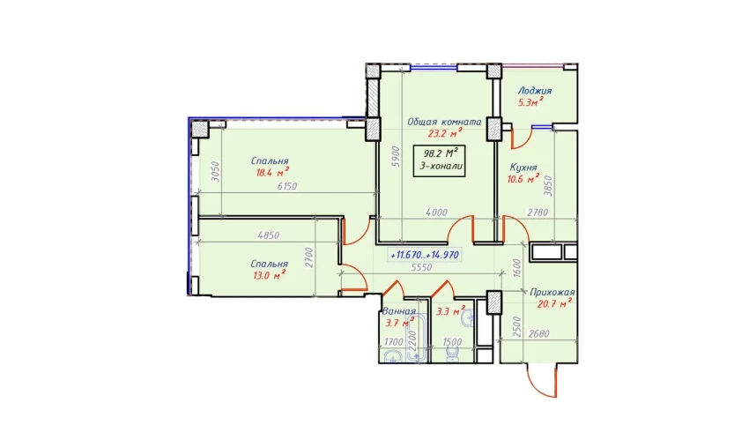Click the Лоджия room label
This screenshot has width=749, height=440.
(535, 91)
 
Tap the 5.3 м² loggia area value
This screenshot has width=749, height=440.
(530, 101)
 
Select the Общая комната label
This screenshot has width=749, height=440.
(444, 122)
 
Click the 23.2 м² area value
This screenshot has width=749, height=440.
(445, 133)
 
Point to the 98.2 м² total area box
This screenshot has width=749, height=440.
(439, 160)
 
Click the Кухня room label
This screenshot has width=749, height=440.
(523, 168)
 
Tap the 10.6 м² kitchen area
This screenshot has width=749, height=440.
(523, 179)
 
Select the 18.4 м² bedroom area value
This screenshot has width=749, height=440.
(272, 172)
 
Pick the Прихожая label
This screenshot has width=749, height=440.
(552, 293)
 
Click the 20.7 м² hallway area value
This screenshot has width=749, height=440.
(554, 303)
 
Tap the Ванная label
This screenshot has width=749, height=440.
(399, 311)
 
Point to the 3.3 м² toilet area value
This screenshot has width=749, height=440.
(450, 312)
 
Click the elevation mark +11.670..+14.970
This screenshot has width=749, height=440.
(425, 255)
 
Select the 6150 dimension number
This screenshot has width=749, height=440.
(287, 186)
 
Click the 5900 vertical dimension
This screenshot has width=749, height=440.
(395, 156)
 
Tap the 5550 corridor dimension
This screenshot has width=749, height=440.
(421, 268)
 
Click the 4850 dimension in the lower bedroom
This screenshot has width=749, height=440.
(269, 235)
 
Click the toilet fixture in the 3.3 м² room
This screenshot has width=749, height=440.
(452, 354)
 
